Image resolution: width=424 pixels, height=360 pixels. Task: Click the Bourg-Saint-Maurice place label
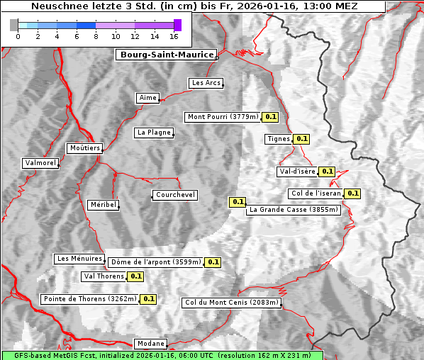[x=166, y=55]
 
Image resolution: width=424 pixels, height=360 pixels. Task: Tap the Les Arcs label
[x=206, y=83]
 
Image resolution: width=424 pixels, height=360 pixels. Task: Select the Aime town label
[x=147, y=98]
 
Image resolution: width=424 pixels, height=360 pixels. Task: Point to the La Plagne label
[x=154, y=133]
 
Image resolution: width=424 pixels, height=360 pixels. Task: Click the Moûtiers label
[x=84, y=148]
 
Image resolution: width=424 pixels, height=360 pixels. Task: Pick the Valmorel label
[x=40, y=163]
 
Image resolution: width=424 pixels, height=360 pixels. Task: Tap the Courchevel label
[x=175, y=195]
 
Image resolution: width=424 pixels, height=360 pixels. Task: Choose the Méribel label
[x=102, y=205]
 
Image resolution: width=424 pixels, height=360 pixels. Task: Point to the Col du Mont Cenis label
[x=232, y=303]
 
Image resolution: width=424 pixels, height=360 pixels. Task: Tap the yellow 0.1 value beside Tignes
[x=301, y=139]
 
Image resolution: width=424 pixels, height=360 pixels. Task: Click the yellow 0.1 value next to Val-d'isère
[x=327, y=171]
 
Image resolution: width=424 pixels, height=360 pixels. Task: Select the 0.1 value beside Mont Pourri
[x=270, y=117]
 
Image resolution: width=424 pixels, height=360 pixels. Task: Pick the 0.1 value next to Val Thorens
[x=135, y=276]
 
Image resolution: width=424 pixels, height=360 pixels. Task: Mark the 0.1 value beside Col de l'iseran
[x=352, y=193]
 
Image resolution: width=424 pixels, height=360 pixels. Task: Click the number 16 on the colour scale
[x=174, y=36]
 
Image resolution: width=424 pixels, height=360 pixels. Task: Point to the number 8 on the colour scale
[x=96, y=36]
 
